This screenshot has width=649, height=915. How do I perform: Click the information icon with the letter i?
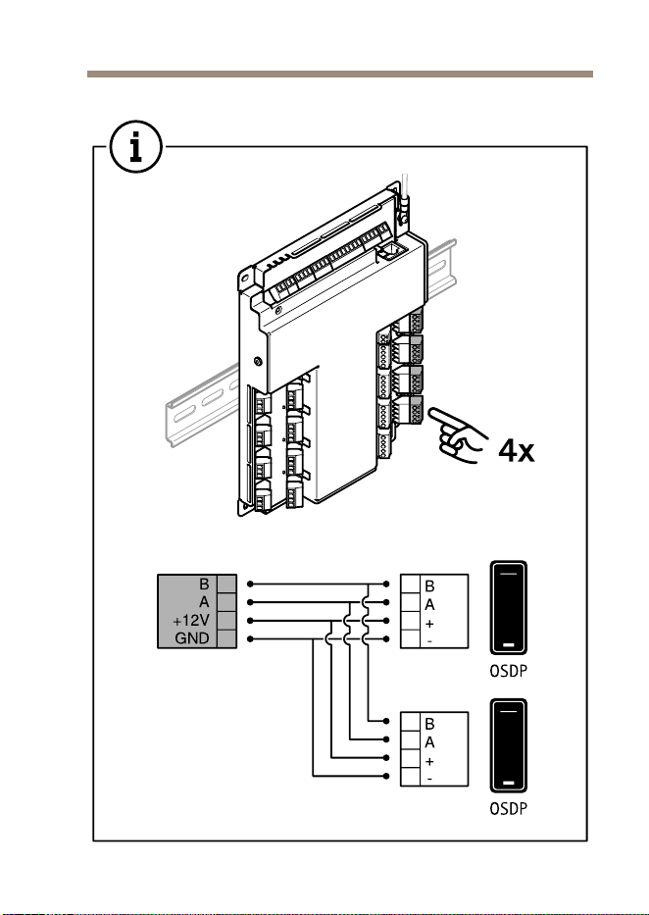(x=135, y=147)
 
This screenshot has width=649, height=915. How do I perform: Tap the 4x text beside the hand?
(x=516, y=450)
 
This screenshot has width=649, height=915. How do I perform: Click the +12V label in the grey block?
(x=190, y=621)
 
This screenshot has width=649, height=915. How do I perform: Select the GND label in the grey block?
(x=192, y=638)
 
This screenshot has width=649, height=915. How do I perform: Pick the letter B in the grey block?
(x=204, y=585)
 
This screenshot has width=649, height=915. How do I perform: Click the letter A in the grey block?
(x=204, y=602)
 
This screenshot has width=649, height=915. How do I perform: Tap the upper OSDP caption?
(x=508, y=671)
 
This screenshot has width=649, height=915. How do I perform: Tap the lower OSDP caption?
(x=508, y=809)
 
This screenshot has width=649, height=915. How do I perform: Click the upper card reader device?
(x=509, y=607)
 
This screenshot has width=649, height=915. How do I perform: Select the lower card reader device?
(x=509, y=745)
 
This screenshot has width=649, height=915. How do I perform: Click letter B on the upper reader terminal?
(x=429, y=586)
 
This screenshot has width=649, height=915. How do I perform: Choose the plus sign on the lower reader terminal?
(x=429, y=762)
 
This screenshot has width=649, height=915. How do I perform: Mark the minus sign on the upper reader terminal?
(x=429, y=641)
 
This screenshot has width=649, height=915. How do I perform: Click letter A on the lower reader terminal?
(x=429, y=742)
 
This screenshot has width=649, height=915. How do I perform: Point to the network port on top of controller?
(x=388, y=252)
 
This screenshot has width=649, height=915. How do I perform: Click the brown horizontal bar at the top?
(x=340, y=75)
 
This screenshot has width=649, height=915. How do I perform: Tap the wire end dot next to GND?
(x=250, y=639)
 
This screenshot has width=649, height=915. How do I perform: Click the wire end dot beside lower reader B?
(x=386, y=721)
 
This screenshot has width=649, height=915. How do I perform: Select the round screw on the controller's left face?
(x=258, y=362)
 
